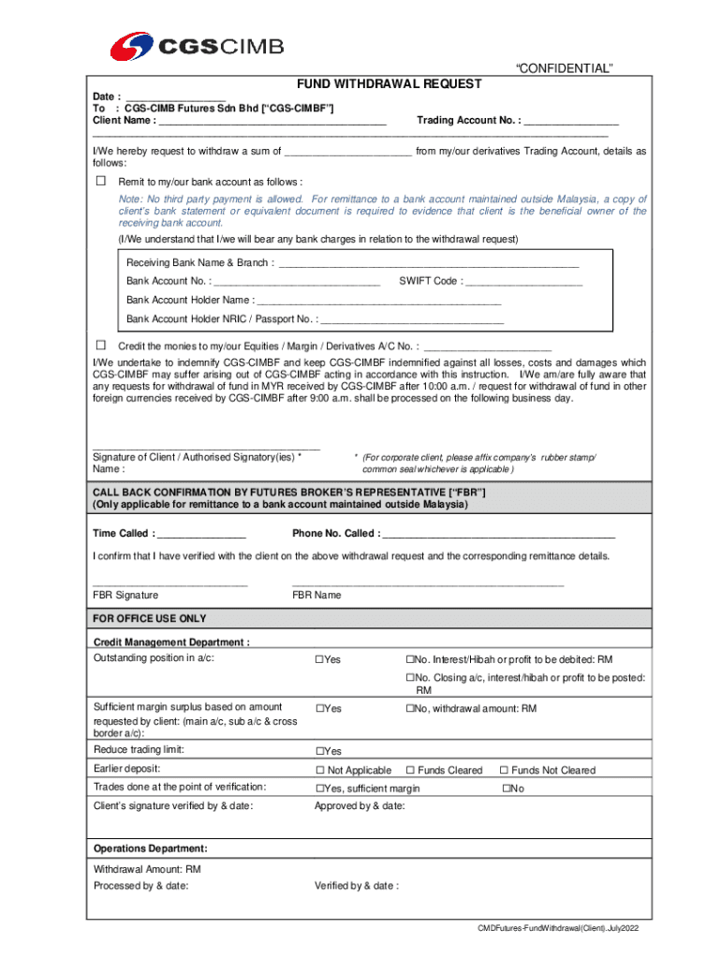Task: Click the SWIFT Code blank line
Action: [x=523, y=281]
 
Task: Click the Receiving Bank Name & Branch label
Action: [x=200, y=262]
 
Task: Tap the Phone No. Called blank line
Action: [x=499, y=534]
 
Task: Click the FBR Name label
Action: [x=316, y=595]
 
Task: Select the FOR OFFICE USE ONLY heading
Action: [x=149, y=619]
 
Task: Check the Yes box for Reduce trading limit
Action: [x=319, y=751]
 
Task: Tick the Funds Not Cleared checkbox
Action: [x=503, y=771]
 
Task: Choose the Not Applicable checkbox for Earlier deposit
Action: [x=319, y=771]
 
